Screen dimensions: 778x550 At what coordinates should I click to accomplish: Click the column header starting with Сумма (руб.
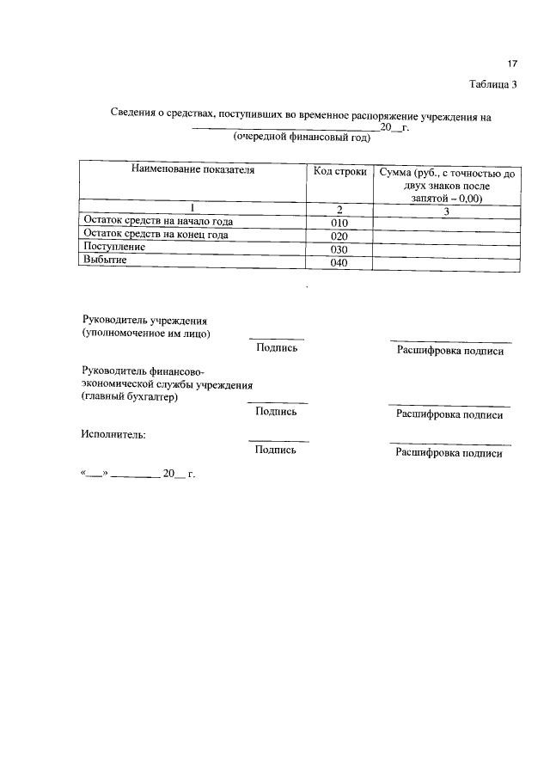click(446, 184)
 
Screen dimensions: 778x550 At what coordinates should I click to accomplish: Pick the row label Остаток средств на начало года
click(157, 221)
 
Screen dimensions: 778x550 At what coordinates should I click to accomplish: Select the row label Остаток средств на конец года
click(155, 234)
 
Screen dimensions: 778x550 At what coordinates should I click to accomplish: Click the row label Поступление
click(113, 247)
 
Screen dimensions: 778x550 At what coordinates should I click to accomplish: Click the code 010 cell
click(339, 223)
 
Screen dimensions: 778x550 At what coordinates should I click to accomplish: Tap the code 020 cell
click(339, 236)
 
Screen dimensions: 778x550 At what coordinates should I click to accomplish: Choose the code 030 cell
click(339, 249)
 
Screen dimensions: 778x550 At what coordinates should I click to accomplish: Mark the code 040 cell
click(339, 263)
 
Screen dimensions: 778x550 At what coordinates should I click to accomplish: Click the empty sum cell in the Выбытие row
click(446, 262)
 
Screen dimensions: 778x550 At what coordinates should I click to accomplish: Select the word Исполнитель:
click(113, 433)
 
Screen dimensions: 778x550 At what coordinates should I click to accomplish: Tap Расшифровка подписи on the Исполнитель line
click(449, 453)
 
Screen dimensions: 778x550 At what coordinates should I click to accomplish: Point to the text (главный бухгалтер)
click(129, 397)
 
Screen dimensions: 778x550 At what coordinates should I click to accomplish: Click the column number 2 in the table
click(339, 209)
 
